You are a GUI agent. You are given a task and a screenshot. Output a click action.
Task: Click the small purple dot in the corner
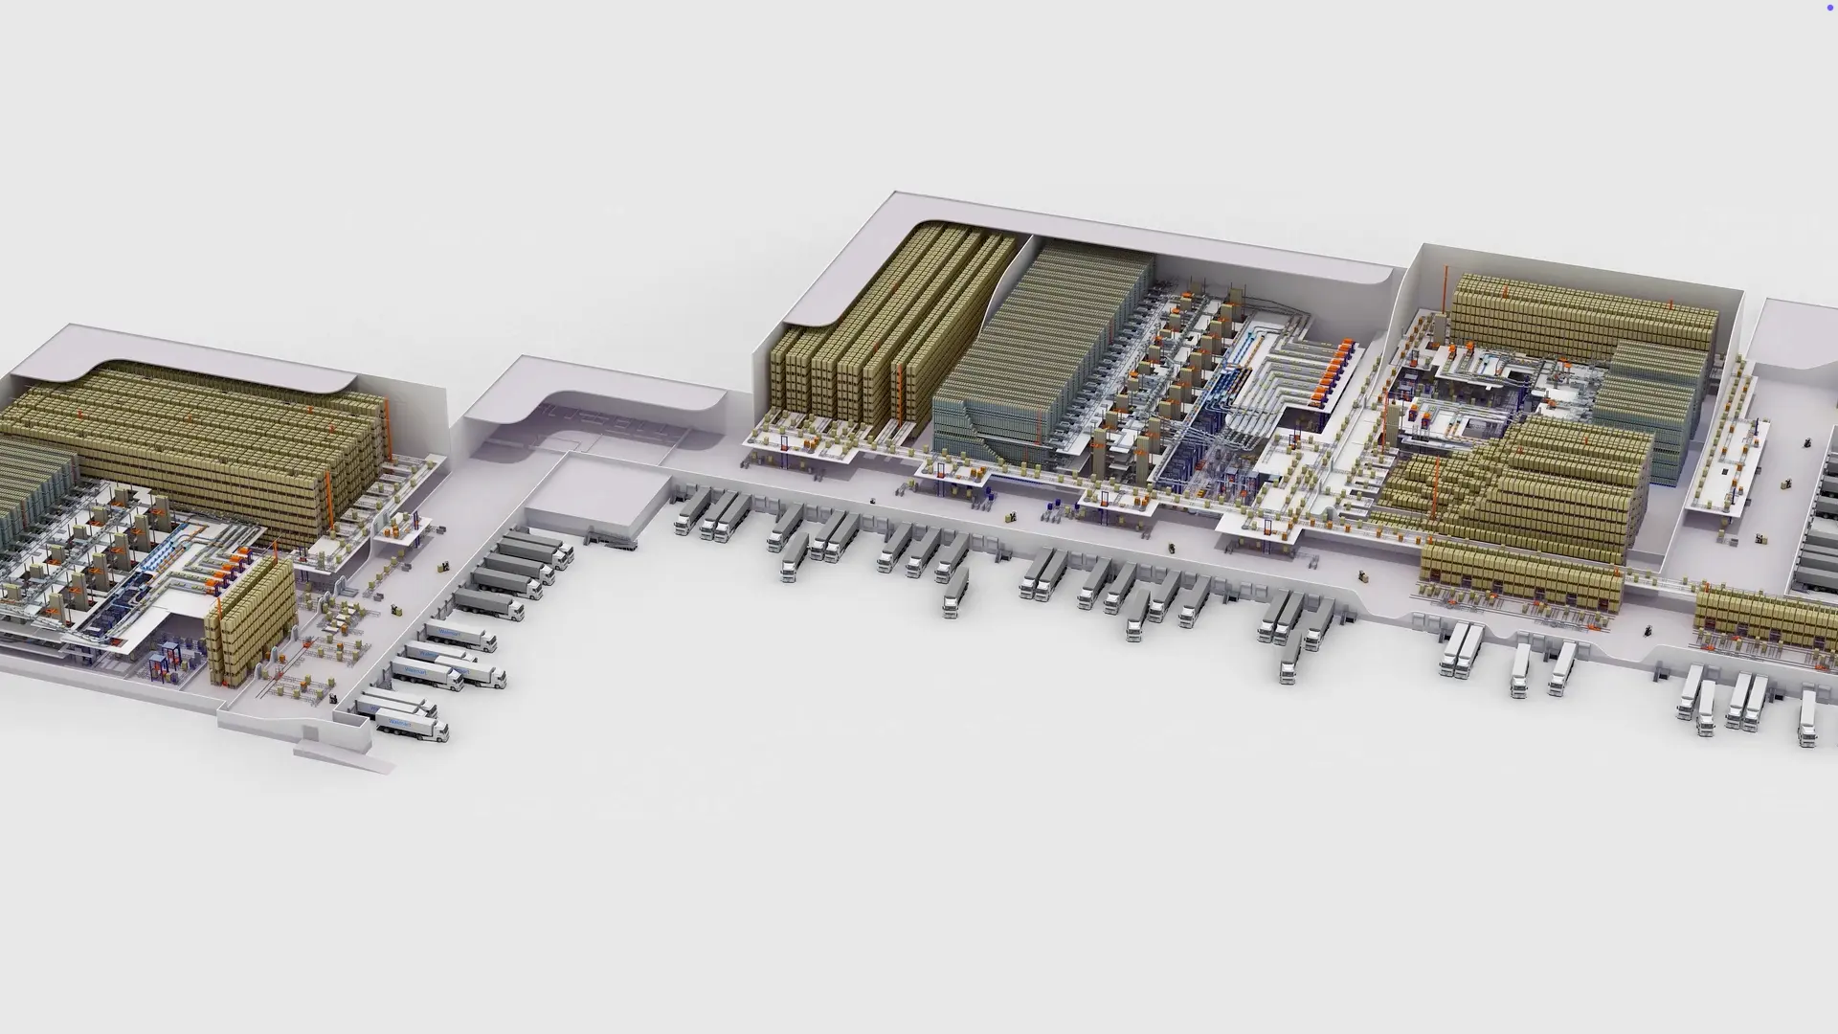pos(1830,7)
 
